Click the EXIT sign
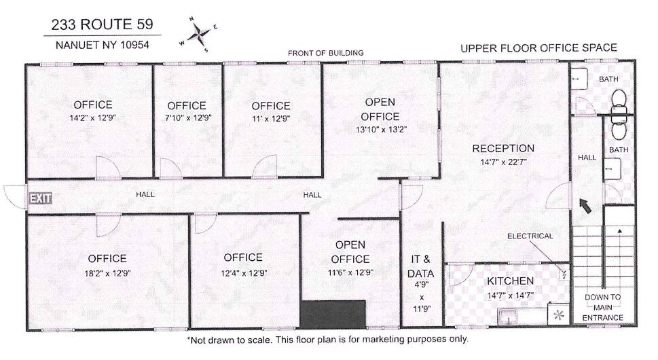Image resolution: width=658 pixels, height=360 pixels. tap(40, 198)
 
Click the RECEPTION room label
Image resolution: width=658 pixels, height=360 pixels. tap(503, 148)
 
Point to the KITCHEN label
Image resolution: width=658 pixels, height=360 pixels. tap(510, 281)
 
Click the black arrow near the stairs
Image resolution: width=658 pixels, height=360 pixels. tap(584, 206)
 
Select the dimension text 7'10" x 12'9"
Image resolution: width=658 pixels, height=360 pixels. tap(187, 118)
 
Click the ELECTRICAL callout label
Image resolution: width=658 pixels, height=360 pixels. tap(530, 236)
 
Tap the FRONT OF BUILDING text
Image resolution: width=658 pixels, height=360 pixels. tap(326, 53)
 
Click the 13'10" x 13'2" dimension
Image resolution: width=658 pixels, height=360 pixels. tap(381, 129)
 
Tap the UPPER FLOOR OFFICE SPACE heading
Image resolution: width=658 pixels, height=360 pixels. tap(538, 48)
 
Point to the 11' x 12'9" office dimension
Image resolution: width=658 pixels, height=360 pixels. tap(271, 118)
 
